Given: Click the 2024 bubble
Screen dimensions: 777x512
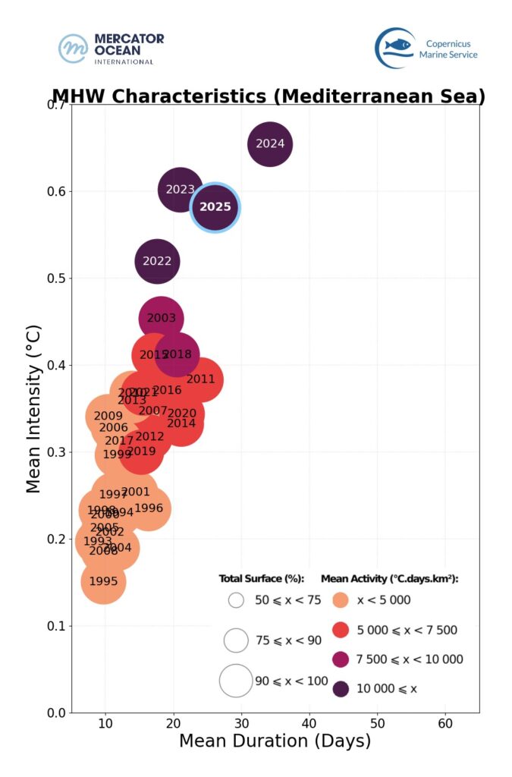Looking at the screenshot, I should (x=270, y=143).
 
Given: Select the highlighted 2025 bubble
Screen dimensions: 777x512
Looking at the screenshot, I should (x=215, y=207).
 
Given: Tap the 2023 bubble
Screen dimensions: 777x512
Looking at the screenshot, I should (x=181, y=190).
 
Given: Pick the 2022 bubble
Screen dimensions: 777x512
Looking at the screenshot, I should (x=157, y=261).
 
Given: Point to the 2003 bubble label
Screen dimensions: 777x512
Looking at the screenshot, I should (x=161, y=319).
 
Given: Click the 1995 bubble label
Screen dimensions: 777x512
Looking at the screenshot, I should (x=103, y=582).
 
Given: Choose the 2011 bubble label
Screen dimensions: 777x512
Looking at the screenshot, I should (x=201, y=379).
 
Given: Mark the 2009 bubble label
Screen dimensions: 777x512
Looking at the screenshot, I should (x=108, y=416).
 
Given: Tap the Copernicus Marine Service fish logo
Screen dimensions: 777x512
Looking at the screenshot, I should (x=395, y=48).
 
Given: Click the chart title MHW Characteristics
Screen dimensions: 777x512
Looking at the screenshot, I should (x=269, y=97).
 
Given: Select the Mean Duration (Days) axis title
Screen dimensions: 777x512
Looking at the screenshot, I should (x=275, y=741).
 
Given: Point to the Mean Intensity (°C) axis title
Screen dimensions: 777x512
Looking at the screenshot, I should (x=34, y=410).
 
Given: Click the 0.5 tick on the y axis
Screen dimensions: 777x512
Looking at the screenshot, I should (x=55, y=278).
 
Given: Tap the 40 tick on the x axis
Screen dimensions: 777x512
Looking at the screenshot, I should (x=309, y=721).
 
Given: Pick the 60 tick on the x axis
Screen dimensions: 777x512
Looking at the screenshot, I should (x=445, y=721).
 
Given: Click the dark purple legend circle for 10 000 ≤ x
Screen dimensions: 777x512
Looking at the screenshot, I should (x=341, y=689).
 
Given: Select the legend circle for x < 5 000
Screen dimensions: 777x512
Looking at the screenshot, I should (x=341, y=600).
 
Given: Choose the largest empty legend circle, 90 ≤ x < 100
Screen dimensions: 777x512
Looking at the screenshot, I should (x=235, y=681).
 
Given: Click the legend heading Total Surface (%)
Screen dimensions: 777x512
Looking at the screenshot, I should (x=261, y=579).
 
